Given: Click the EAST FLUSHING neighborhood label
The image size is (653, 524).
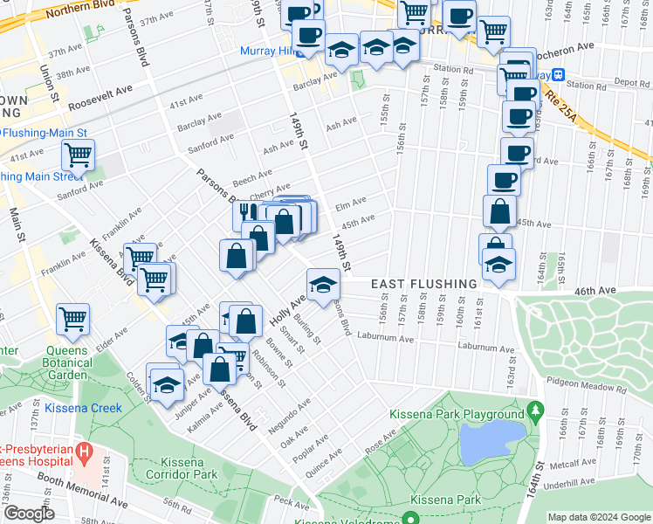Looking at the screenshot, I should click(x=423, y=285).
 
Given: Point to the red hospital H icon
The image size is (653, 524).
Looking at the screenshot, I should click(x=85, y=452).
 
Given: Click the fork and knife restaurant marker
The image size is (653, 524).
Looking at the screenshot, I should click(x=248, y=213).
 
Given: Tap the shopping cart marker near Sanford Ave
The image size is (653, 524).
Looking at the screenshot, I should click(x=78, y=156).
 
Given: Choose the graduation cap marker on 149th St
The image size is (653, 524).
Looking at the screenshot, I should click(x=322, y=283).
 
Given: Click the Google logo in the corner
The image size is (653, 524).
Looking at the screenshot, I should click(x=29, y=514).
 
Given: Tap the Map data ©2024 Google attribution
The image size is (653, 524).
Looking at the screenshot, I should click(x=599, y=517).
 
